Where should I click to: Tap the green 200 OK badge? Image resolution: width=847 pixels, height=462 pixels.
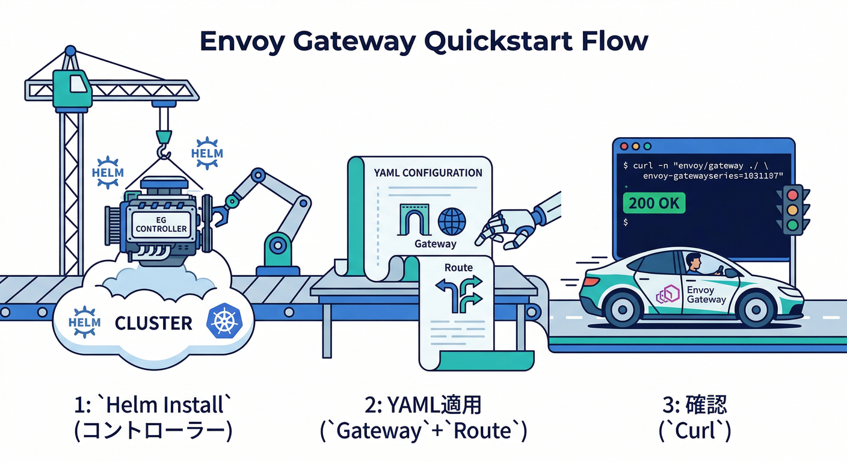(654, 203)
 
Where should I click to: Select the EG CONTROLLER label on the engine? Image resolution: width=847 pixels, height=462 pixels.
(161, 224)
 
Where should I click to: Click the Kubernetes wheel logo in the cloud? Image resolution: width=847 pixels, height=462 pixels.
(223, 321)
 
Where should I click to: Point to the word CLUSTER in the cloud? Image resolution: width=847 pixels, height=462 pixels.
(153, 323)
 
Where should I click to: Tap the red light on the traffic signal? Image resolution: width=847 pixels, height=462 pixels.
(793, 194)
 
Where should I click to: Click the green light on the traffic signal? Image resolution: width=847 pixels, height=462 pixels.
(793, 226)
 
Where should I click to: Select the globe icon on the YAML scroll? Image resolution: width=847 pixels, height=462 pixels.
(452, 221)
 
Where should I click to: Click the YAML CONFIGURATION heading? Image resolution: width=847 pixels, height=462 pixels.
(428, 173)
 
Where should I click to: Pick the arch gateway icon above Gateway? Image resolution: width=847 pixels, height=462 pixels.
(414, 221)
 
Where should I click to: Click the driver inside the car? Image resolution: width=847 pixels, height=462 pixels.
(693, 265)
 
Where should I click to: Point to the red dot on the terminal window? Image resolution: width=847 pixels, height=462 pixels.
(624, 146)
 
